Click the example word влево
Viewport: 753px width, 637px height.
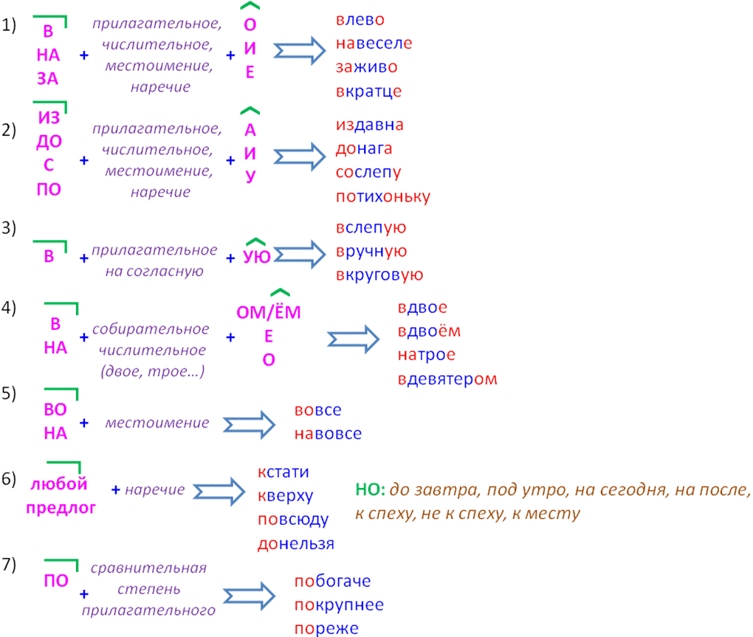pyautogui.click(x=360, y=20)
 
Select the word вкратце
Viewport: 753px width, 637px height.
pyautogui.click(x=368, y=92)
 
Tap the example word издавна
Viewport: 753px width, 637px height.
pyautogui.click(x=370, y=125)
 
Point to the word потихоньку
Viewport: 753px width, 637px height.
pyautogui.click(x=382, y=196)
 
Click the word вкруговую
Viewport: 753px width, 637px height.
pyautogui.click(x=379, y=275)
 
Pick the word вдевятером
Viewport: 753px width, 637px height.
pyautogui.click(x=447, y=379)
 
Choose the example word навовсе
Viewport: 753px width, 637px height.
pyautogui.click(x=328, y=434)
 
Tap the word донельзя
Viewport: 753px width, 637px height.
pyautogui.click(x=295, y=544)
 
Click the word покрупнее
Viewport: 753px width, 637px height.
pyautogui.click(x=339, y=605)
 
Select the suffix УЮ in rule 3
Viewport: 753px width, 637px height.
pyautogui.click(x=256, y=256)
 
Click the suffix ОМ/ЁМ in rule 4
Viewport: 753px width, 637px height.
pyautogui.click(x=269, y=312)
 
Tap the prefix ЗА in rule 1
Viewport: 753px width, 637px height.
pyautogui.click(x=47, y=79)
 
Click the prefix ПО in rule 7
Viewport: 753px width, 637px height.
pyautogui.click(x=56, y=581)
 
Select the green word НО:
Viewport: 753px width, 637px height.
pyautogui.click(x=370, y=490)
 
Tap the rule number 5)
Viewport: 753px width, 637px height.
pyautogui.click(x=9, y=393)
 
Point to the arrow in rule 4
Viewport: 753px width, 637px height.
pyautogui.click(x=353, y=338)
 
